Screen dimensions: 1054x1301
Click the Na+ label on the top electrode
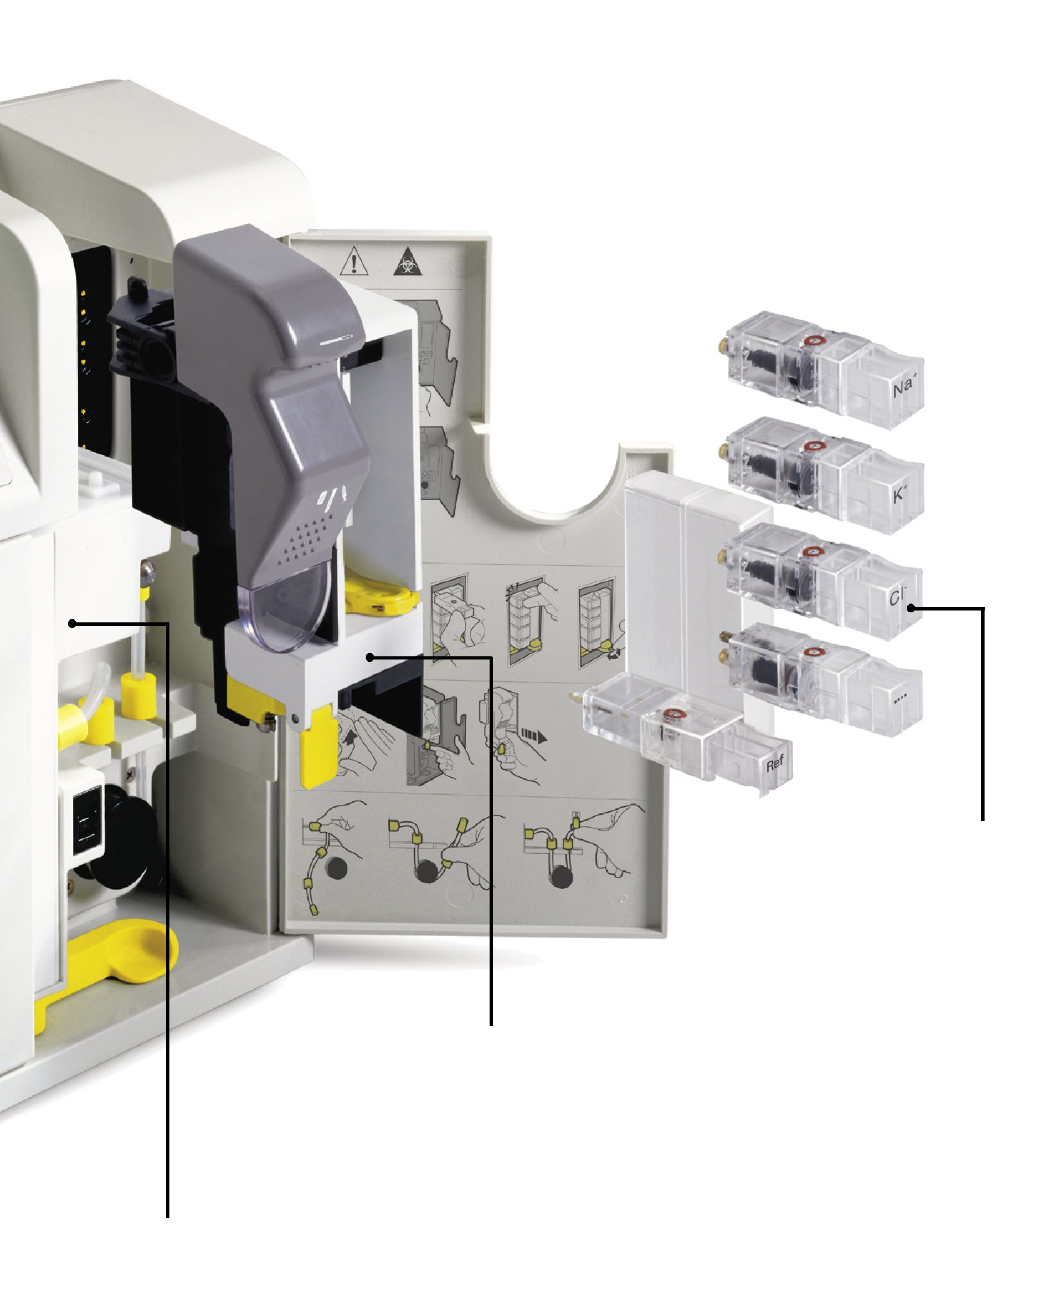(x=904, y=386)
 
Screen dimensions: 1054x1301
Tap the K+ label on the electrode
(x=901, y=494)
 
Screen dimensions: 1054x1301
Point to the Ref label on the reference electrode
(x=775, y=763)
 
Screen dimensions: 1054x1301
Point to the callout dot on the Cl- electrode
(x=911, y=608)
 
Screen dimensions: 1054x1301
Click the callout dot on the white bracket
(x=370, y=657)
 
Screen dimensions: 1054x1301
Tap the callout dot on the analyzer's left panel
(x=72, y=623)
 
